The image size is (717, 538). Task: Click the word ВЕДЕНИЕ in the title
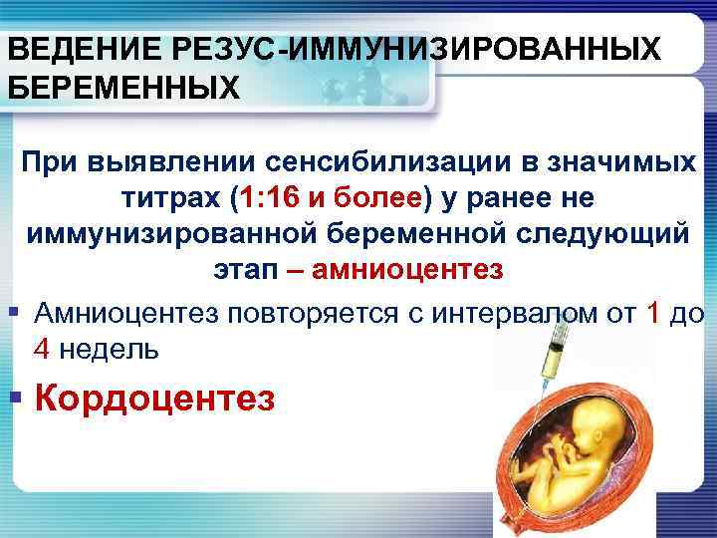tap(67, 48)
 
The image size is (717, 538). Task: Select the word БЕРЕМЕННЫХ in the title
tap(123, 89)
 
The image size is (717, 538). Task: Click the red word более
tap(377, 197)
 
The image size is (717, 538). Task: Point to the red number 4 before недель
tap(42, 350)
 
